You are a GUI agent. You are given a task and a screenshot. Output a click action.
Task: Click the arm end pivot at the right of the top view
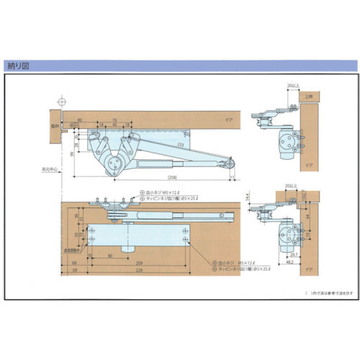coord(230,164)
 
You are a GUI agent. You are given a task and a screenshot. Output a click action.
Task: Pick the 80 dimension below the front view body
coord(109,255)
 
